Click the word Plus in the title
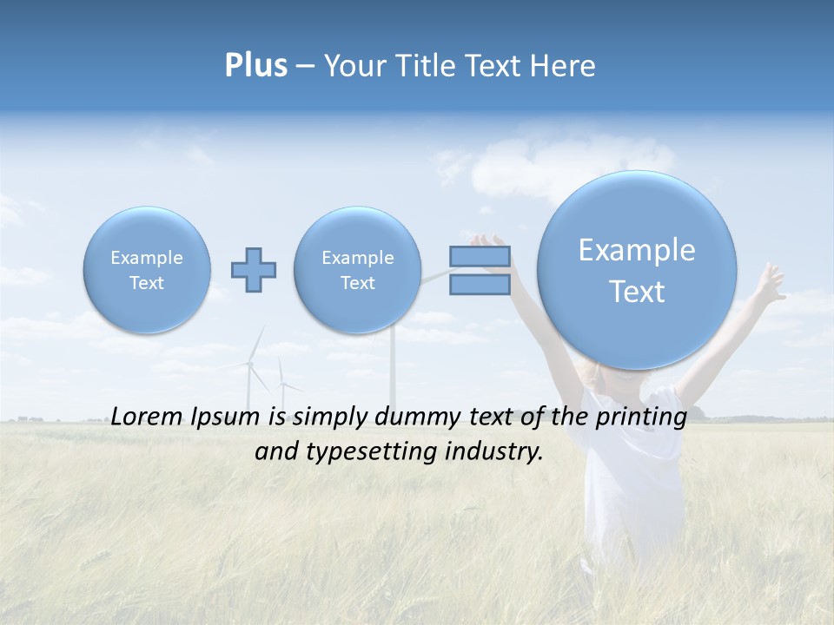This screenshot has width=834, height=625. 255,66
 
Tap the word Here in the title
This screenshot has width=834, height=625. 566,66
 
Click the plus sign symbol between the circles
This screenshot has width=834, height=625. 254,270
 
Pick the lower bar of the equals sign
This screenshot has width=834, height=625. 480,284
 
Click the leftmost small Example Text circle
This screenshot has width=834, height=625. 147,270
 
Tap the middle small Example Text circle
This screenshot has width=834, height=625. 358,270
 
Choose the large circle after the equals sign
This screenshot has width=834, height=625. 637,270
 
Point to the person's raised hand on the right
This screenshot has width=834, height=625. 768,280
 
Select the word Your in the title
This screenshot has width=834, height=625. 353,66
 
